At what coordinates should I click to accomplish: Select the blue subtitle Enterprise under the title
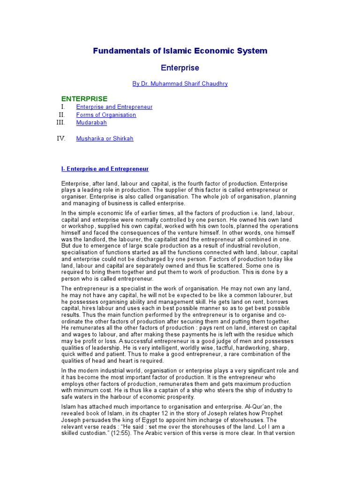[180, 68]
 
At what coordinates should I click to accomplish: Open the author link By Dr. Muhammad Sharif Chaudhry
[180, 84]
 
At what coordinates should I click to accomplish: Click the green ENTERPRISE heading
[84, 98]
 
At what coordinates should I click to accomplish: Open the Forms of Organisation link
[106, 115]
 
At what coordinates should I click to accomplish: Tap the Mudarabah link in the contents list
[91, 123]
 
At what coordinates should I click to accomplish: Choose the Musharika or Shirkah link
[105, 139]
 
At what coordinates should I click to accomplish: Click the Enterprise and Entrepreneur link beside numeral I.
[114, 107]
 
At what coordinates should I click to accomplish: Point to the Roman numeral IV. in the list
[61, 139]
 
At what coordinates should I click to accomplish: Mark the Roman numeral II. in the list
[61, 115]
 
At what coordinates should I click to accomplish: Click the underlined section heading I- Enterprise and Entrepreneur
[105, 169]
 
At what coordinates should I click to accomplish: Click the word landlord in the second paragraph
[92, 240]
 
